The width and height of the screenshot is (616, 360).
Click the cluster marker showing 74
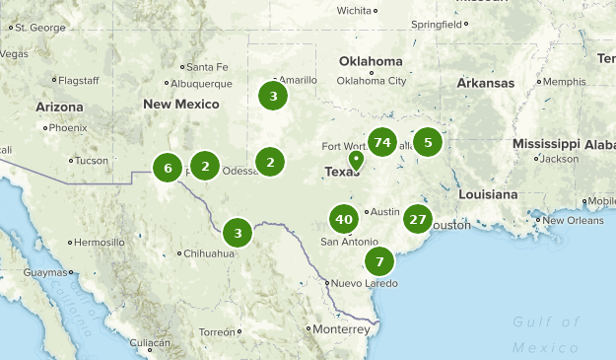[382, 143]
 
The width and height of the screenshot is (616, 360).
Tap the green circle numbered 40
[343, 220]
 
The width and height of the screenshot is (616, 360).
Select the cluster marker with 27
[419, 220]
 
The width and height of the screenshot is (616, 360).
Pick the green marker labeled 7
[378, 261]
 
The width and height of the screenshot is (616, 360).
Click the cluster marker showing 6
[168, 169]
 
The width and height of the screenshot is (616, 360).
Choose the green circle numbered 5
[427, 143]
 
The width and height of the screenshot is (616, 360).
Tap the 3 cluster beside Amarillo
[273, 96]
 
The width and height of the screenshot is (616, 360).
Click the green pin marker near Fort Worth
[356, 158]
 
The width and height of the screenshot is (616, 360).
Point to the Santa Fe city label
[207, 67]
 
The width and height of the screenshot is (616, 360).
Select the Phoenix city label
[68, 127]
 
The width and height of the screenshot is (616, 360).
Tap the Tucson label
[91, 160]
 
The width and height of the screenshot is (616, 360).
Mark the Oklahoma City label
[373, 81]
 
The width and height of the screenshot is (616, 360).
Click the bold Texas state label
[343, 172]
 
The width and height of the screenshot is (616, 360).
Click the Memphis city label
[564, 81]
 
